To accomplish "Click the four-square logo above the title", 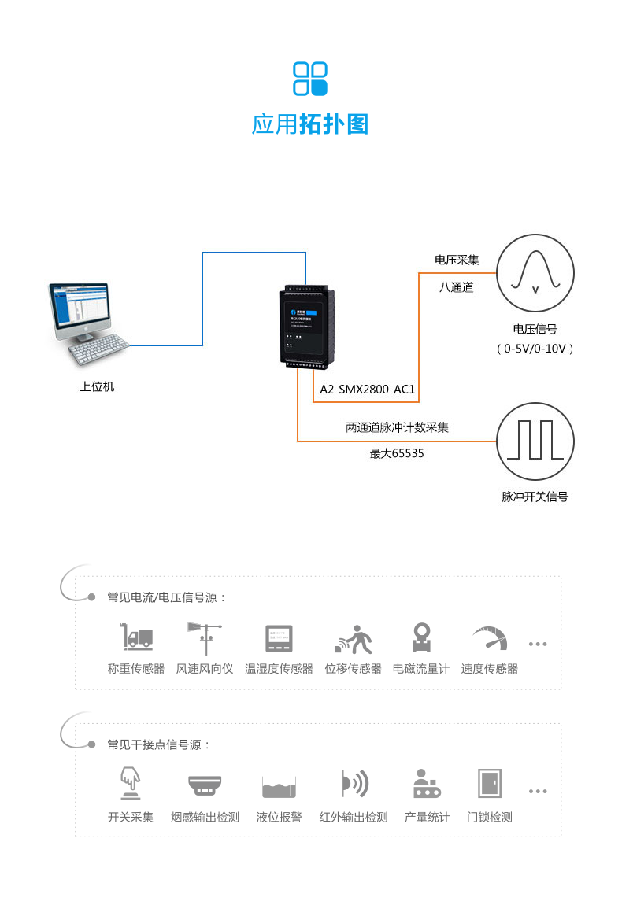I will click(309, 79).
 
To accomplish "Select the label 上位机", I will click(97, 386).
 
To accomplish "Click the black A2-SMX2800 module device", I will click(308, 327).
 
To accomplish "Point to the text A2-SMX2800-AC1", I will click(367, 390).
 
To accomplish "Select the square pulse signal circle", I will click(535, 441).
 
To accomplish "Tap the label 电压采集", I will click(457, 259).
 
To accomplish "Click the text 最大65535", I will click(397, 453).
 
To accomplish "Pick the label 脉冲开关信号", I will click(535, 497).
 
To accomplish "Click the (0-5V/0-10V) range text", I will click(535, 348).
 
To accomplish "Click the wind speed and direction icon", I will click(204, 637).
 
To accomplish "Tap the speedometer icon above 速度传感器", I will click(490, 637).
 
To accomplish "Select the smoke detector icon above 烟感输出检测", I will click(205, 784).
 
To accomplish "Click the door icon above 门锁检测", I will click(490, 784).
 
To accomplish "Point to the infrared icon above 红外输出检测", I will click(354, 784).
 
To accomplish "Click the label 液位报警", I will click(279, 817).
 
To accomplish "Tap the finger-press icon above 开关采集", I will click(131, 784).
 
